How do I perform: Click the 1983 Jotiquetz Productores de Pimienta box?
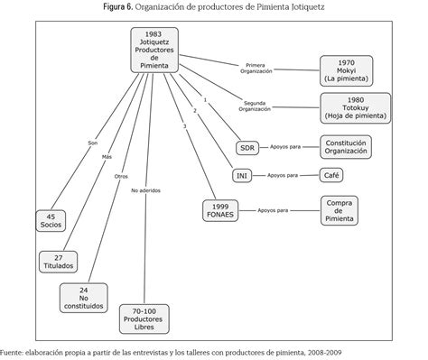[154, 51]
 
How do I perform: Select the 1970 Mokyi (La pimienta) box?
[346, 71]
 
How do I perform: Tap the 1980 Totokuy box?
[356, 108]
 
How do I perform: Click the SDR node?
[247, 148]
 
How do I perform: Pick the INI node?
[242, 175]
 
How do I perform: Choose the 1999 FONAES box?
[220, 211]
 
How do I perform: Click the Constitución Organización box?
[346, 147]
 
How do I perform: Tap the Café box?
[331, 175]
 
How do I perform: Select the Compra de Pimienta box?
[340, 211]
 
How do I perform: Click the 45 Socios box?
[51, 221]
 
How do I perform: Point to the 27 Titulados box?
[58, 262]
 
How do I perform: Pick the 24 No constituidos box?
[84, 298]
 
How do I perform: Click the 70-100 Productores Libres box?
[144, 319]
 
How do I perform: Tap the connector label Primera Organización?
[256, 69]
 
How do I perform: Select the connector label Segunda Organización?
[255, 106]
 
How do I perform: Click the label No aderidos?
[145, 190]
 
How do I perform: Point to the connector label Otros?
[121, 177]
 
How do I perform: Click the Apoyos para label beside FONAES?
[273, 210]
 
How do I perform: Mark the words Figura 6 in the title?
[118, 7]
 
